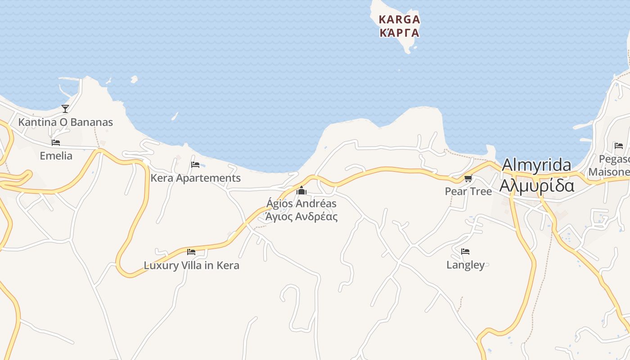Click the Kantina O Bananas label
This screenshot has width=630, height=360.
[x=65, y=122]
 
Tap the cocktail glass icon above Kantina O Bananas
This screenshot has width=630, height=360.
[x=65, y=108]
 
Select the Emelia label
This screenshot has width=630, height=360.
[x=56, y=156]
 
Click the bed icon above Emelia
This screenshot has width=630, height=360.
[x=56, y=142]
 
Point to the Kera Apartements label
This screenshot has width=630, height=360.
[x=195, y=178]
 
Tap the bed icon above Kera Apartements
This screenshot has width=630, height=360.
[x=195, y=164]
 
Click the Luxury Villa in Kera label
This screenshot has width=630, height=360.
[x=191, y=265]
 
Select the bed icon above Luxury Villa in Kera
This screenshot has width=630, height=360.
[x=191, y=252]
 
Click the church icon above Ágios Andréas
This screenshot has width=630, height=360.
[x=301, y=191]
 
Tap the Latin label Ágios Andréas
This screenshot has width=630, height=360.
[x=301, y=203]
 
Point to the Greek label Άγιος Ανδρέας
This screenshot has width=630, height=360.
[x=301, y=216]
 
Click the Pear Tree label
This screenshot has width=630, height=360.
[x=468, y=191]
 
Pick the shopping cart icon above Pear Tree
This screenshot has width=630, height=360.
[x=468, y=178]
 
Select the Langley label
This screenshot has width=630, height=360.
[x=465, y=265]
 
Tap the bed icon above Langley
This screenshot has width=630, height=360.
[x=465, y=251]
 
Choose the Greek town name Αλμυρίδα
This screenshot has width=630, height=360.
[x=537, y=185]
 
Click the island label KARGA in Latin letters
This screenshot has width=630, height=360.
[x=399, y=20]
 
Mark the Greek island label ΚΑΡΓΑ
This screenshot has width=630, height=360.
[x=399, y=33]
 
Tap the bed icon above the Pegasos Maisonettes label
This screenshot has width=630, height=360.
[x=619, y=145]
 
